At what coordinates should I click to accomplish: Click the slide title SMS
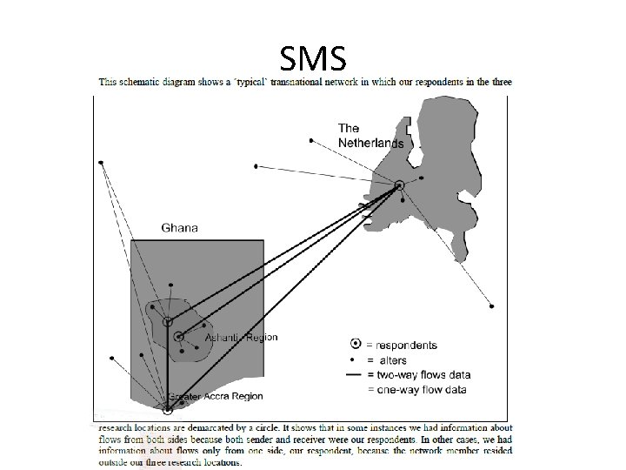click(314, 58)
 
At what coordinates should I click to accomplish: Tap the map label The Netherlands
click(370, 136)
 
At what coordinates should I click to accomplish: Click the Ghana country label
click(179, 228)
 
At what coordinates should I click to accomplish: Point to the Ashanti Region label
click(240, 338)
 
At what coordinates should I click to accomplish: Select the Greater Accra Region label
click(215, 397)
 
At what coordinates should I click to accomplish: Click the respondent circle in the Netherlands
click(399, 185)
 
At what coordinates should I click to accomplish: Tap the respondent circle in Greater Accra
click(168, 407)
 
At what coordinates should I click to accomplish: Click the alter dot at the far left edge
click(102, 163)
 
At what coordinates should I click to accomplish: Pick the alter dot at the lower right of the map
click(492, 306)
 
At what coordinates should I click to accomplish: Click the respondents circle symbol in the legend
click(355, 344)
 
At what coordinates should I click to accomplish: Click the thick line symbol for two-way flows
click(354, 374)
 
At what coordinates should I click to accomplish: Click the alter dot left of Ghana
click(111, 357)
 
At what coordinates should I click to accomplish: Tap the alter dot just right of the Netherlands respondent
click(422, 178)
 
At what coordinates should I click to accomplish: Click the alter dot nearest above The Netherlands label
click(311, 139)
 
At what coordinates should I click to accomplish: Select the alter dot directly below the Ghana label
click(171, 285)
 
